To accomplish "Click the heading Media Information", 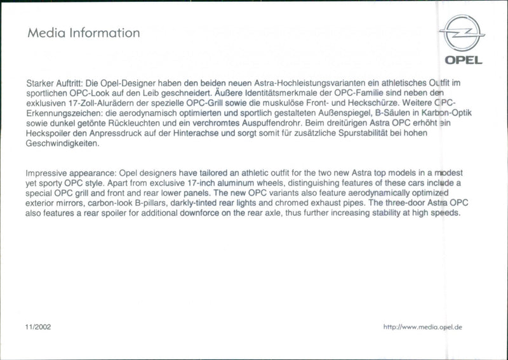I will point(83,32).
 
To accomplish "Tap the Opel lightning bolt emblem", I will point(462,34).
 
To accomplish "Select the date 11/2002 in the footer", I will point(38,327).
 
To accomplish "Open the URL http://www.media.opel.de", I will point(422,327).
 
